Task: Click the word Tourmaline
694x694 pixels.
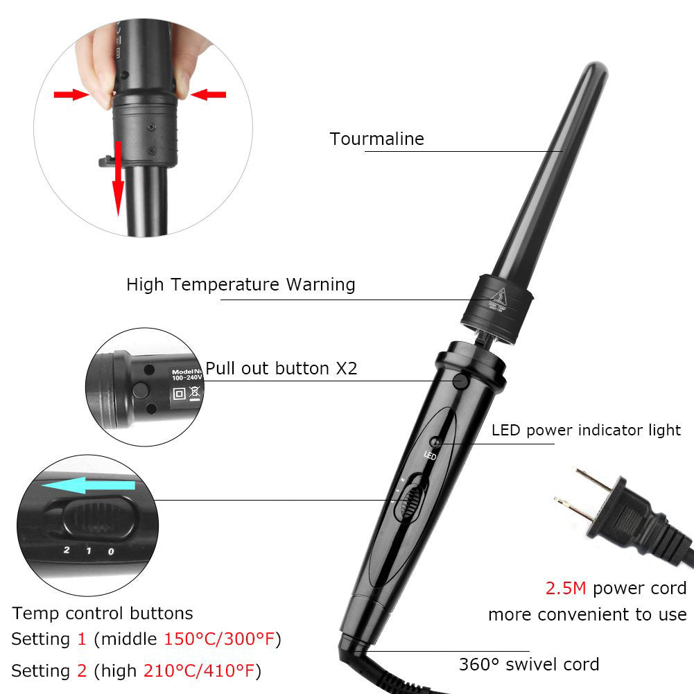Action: point(376,139)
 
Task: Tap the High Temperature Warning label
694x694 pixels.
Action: point(241,284)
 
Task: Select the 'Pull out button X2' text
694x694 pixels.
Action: point(281,368)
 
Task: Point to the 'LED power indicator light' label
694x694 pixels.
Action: point(586,430)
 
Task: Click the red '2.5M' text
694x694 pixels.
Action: point(565,589)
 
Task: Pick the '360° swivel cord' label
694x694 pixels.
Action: point(528,664)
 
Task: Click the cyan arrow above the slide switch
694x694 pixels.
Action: point(87,485)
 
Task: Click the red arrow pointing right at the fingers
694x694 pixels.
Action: point(71,94)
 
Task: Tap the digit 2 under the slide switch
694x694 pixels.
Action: point(67,550)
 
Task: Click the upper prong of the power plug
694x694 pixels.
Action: point(593,481)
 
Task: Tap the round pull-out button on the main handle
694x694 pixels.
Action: point(459,381)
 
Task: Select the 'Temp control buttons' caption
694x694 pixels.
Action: point(103,613)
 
